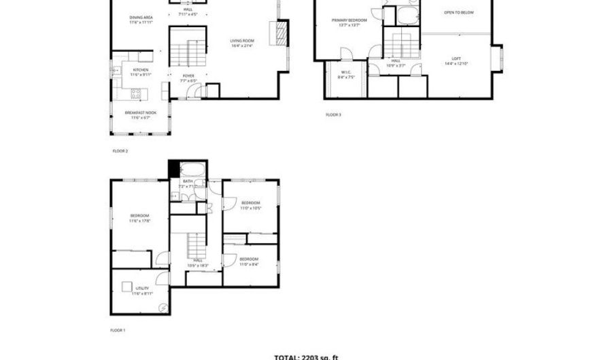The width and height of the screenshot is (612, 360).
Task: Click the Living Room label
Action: tap(241, 42)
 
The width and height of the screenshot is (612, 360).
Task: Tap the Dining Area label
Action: tap(141, 18)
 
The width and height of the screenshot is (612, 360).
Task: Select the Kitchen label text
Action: tap(141, 70)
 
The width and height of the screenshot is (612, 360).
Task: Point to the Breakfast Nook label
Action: tap(140, 113)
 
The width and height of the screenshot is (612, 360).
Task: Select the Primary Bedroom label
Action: tap(349, 20)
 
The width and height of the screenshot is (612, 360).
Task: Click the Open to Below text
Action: tap(459, 12)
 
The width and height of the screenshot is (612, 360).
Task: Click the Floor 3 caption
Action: tap(333, 114)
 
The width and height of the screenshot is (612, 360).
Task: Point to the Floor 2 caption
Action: tap(120, 150)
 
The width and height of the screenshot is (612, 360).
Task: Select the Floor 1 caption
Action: tap(118, 331)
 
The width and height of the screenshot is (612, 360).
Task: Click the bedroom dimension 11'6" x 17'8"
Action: tap(140, 220)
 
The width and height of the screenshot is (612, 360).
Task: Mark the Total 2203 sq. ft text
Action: tap(306, 356)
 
